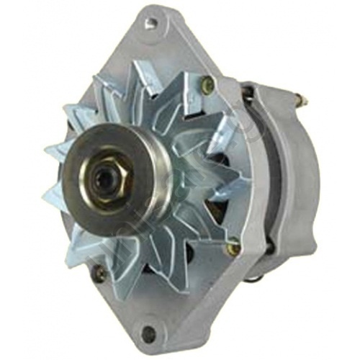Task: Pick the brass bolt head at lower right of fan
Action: [x=233, y=248]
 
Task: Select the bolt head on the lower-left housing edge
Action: [x=99, y=273]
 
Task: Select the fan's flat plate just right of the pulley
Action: [x=176, y=176]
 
